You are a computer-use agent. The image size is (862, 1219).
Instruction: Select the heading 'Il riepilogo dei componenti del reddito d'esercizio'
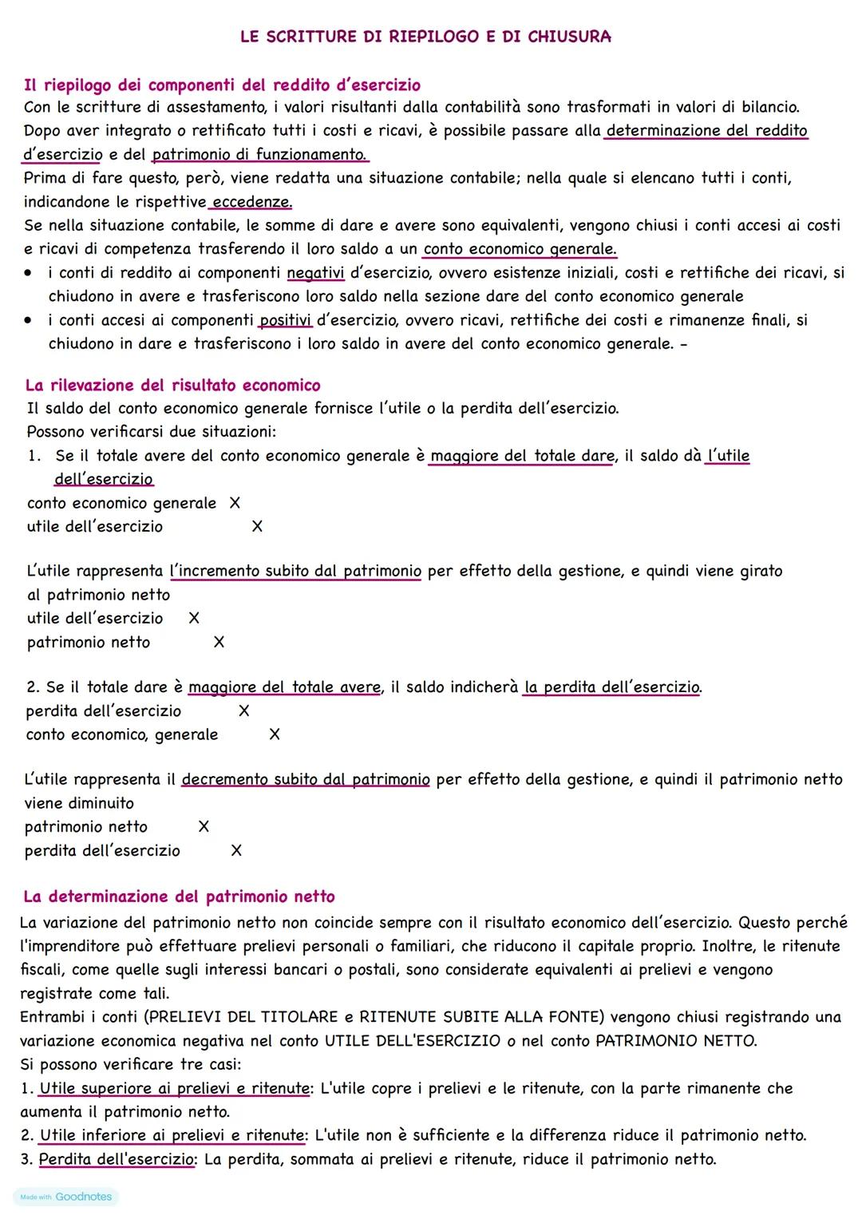222,85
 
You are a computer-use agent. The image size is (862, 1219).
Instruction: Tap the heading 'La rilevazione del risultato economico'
172,386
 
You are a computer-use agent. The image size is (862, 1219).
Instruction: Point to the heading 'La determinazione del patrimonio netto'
179,896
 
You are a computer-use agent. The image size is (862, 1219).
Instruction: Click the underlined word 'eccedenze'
252,201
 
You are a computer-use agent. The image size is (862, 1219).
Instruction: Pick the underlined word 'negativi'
315,273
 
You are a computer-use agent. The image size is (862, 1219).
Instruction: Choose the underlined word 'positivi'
285,320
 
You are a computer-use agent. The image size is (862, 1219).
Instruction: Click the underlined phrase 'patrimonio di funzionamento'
259,154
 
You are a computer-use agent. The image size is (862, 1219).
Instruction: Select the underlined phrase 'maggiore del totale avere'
284,687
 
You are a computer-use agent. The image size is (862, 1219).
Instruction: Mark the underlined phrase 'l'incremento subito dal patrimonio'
295,571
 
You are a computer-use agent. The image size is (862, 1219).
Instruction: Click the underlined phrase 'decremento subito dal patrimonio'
306,779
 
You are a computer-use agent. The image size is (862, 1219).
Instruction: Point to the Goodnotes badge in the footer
65,1197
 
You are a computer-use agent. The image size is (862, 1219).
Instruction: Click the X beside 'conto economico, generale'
275,734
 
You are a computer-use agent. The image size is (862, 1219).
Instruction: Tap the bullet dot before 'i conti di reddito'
29,273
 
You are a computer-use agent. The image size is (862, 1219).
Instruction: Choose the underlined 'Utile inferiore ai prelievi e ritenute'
172,1135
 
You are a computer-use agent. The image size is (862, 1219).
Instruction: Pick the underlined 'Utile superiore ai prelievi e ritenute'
174,1088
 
